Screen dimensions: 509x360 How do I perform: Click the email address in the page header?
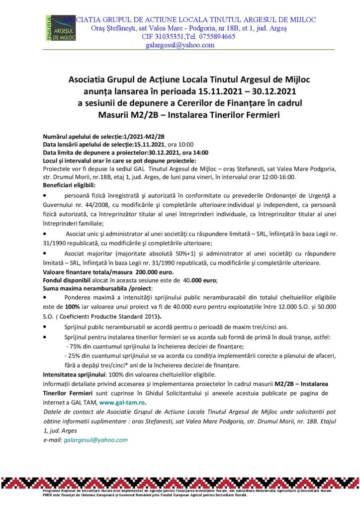pyautogui.click(x=180, y=45)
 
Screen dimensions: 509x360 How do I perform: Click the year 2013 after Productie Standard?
pyautogui.click(x=150, y=316)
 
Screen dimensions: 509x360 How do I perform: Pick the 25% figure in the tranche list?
pyautogui.click(x=74, y=356)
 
